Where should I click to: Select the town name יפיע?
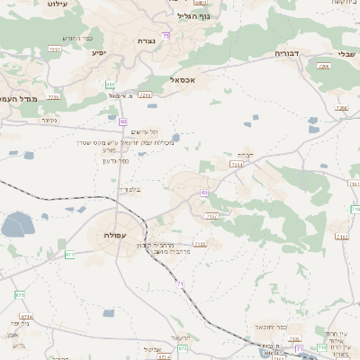click(99, 52)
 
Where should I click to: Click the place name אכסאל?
click(181, 80)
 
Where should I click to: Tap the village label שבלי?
click(346, 54)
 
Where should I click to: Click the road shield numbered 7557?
click(55, 49)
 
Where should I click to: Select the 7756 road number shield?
click(53, 96)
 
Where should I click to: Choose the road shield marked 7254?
click(237, 165)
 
